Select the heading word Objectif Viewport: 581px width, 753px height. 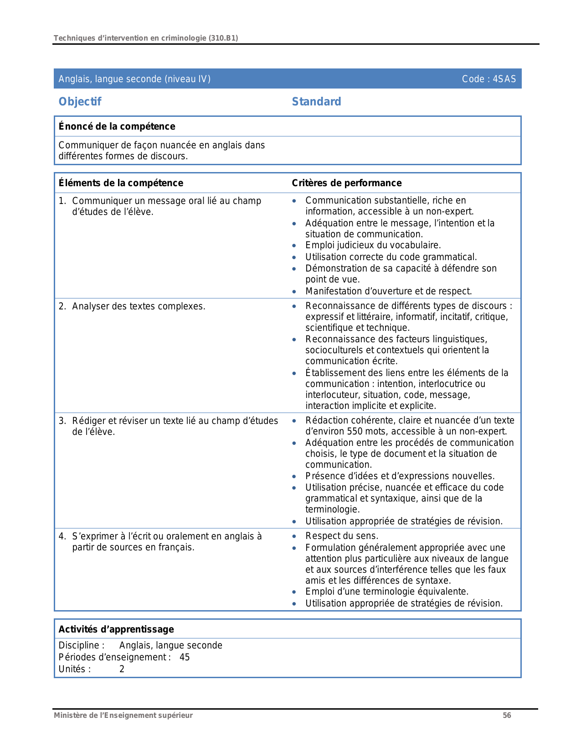click(x=80, y=102)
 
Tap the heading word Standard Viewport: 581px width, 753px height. click(x=316, y=102)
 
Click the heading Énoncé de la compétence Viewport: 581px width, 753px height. click(x=117, y=126)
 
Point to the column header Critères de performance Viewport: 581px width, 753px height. click(x=346, y=183)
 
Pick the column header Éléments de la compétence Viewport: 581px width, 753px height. click(x=121, y=183)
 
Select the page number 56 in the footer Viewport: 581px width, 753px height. click(x=507, y=715)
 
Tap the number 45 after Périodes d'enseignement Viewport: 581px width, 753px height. click(x=185, y=657)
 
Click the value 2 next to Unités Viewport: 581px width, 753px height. click(x=122, y=669)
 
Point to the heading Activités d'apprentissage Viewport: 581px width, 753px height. click(x=116, y=629)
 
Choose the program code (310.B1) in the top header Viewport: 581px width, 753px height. click(x=223, y=38)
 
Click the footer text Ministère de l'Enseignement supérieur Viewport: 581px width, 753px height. click(x=123, y=715)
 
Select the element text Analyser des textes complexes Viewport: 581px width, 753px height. click(x=139, y=306)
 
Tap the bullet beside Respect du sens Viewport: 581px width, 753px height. click(x=294, y=537)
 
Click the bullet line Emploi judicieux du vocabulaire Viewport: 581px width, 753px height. click(x=373, y=245)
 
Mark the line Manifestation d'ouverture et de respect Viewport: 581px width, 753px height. click(x=388, y=291)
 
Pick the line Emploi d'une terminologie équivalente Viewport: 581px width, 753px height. click(x=386, y=591)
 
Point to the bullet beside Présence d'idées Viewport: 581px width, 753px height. click(x=294, y=477)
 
